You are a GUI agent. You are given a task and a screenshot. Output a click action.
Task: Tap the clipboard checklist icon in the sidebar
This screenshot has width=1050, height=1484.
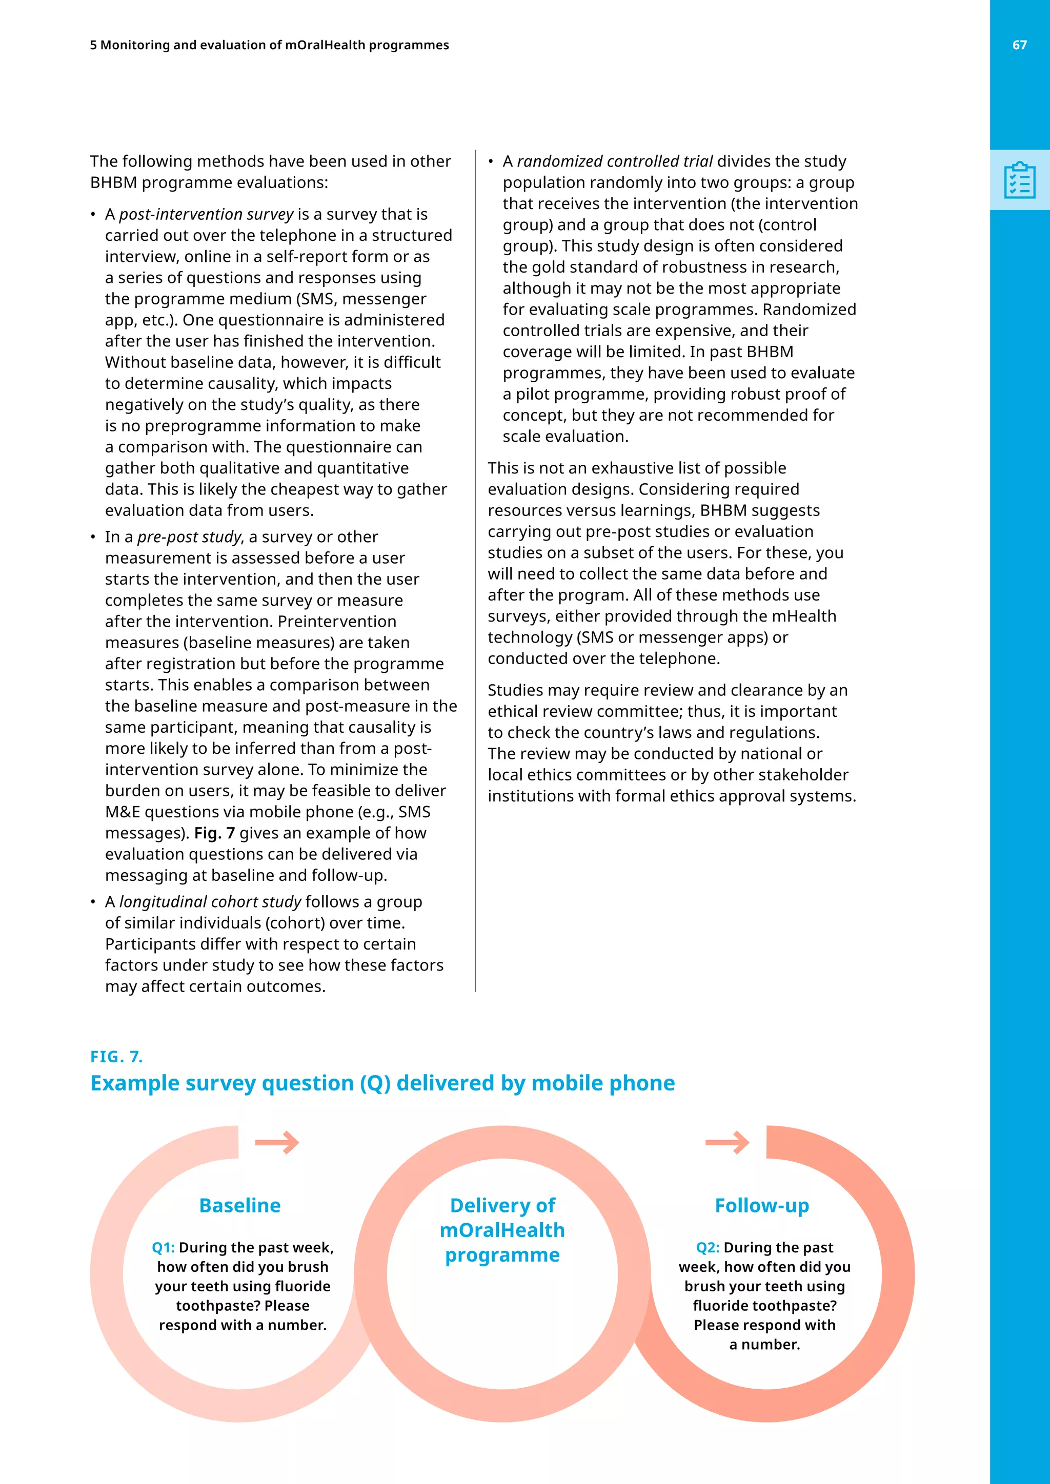pyautogui.click(x=1020, y=180)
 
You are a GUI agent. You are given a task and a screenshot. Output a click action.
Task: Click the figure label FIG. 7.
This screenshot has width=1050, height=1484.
pyautogui.click(x=116, y=1056)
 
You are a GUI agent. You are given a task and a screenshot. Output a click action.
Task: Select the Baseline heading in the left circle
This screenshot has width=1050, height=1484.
pyautogui.click(x=240, y=1205)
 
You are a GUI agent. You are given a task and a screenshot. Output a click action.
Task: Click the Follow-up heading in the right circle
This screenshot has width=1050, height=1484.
pyautogui.click(x=762, y=1205)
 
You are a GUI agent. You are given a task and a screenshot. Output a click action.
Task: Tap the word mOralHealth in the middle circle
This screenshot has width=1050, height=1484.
pyautogui.click(x=502, y=1229)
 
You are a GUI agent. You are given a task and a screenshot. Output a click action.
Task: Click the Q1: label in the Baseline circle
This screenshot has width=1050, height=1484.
pyautogui.click(x=163, y=1247)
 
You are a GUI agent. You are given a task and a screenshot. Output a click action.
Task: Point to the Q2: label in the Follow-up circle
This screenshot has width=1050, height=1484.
pyautogui.click(x=708, y=1247)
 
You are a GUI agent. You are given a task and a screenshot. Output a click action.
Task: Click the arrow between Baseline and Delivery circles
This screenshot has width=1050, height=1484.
pyautogui.click(x=277, y=1143)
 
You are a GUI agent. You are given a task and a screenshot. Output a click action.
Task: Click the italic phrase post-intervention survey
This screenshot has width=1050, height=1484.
pyautogui.click(x=206, y=214)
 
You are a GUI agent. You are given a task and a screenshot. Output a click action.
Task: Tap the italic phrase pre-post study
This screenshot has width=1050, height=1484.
pyautogui.click(x=189, y=537)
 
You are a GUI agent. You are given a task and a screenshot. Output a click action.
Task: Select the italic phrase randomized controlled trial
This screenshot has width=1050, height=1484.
pyautogui.click(x=614, y=161)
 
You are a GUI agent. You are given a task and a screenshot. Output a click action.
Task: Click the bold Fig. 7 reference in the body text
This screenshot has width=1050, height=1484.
pyautogui.click(x=214, y=833)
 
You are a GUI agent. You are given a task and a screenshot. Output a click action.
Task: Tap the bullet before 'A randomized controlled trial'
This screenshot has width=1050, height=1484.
pyautogui.click(x=491, y=161)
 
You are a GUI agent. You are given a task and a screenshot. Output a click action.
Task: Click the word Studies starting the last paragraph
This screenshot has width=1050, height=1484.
pyautogui.click(x=514, y=690)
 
